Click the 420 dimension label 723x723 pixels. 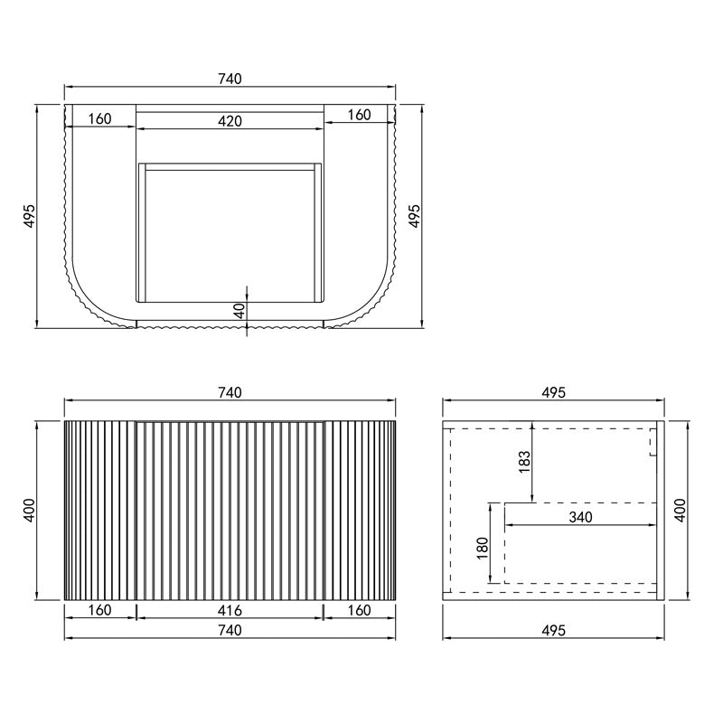pos(230,121)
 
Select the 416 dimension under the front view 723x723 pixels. pos(230,611)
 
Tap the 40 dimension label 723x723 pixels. pos(239,311)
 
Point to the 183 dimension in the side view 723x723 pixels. pos(524,462)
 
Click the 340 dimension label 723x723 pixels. pos(580,517)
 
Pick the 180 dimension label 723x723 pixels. pos(482,549)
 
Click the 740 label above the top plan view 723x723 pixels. pos(230,80)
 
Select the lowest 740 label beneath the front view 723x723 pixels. pos(230,630)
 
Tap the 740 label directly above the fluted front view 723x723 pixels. pos(230,393)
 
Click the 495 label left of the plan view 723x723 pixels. pos(29,216)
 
